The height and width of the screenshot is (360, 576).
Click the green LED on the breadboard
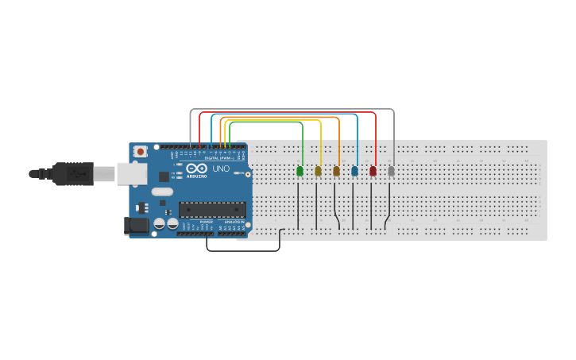pos(300,171)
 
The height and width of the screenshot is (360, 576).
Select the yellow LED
pos(318,171)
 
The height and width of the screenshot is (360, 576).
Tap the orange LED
pos(336,171)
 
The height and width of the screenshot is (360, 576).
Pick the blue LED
pos(354,171)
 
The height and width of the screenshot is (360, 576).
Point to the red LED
pos(373,171)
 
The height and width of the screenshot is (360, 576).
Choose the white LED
pos(391,171)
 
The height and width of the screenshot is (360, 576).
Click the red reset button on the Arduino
pos(141,151)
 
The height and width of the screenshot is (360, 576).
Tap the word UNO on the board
pos(221,168)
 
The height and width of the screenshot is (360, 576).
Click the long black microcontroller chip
pos(212,210)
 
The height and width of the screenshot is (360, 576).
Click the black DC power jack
pos(137,226)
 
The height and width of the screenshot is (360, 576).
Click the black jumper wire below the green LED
pos(298,207)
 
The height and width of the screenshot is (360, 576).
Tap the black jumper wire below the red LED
pos(371,207)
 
